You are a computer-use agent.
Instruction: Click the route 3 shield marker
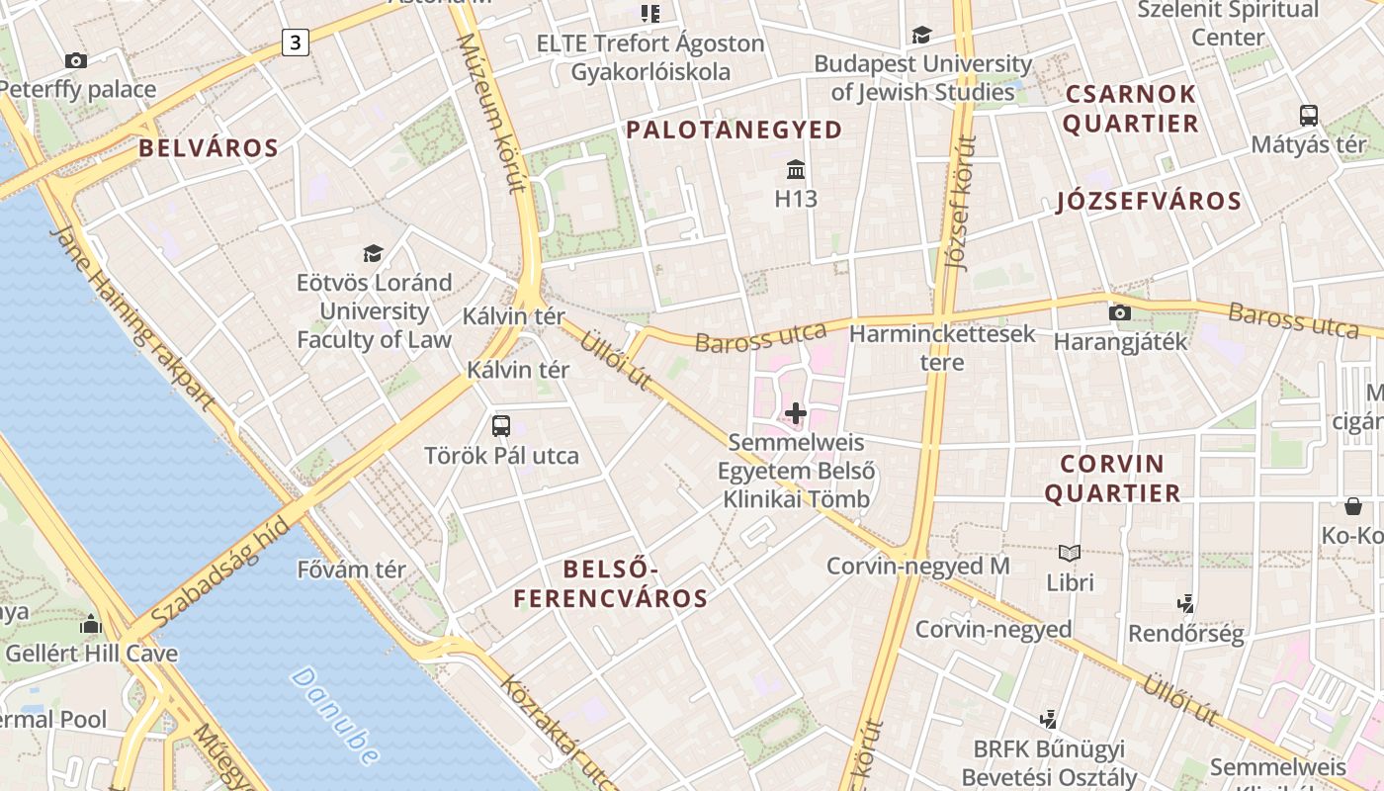point(295,42)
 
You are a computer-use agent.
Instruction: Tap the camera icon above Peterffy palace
point(76,60)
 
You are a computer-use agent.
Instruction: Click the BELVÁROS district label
point(209,148)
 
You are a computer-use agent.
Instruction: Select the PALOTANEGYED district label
point(735,130)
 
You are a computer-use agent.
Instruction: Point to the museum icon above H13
point(796,169)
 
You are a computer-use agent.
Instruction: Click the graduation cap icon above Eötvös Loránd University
point(373,253)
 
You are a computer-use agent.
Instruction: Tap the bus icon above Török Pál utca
point(501,426)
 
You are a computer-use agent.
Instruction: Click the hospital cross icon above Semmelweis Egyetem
point(796,412)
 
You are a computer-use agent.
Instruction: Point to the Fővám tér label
point(352,570)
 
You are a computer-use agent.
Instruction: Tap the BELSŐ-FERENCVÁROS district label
point(610,583)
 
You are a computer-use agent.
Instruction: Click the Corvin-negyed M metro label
point(918,566)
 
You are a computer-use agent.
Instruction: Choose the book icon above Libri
point(1070,553)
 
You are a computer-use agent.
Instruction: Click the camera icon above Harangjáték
point(1120,312)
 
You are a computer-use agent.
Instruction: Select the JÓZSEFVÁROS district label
point(1149,201)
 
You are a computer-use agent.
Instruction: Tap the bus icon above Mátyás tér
point(1309,115)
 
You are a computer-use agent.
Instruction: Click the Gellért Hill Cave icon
point(91,624)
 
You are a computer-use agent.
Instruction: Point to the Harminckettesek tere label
point(942,347)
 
